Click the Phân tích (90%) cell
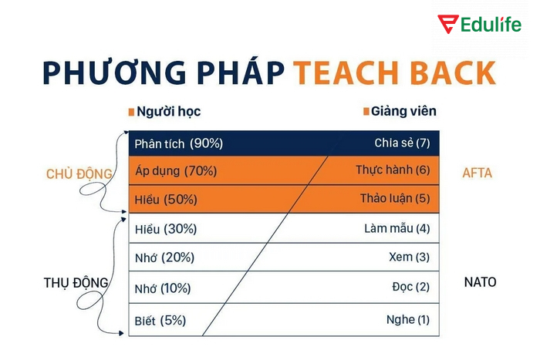coord(178,143)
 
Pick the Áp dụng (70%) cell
coord(175,171)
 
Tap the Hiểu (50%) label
coord(166,200)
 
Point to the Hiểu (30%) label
coord(166,229)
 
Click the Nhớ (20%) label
coord(164,257)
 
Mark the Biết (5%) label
coord(160,320)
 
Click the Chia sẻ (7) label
coord(401,143)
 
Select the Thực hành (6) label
coord(393,170)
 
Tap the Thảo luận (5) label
coord(394,199)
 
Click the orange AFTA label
coord(478,173)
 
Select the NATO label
coord(480,282)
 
